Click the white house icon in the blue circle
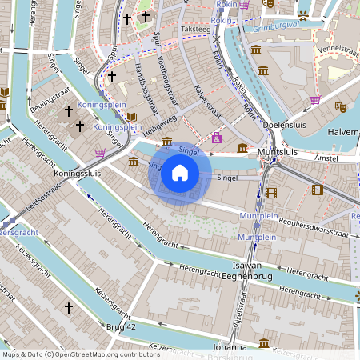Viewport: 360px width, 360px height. (x=180, y=173)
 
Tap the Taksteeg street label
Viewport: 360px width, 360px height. (x=195, y=29)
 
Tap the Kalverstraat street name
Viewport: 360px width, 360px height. (x=206, y=111)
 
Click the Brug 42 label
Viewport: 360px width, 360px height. (x=121, y=326)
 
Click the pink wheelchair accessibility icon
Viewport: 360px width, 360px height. (x=216, y=138)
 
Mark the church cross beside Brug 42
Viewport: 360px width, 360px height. (x=68, y=306)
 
